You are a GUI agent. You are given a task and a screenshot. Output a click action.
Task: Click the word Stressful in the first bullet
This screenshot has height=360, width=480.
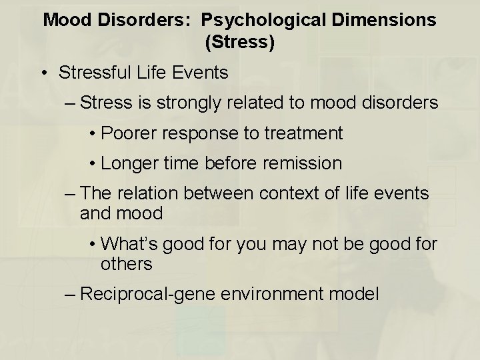[97, 72]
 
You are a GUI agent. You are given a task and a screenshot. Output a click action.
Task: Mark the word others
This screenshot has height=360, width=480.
[127, 263]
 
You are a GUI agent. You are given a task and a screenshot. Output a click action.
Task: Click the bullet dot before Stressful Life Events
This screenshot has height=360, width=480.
[43, 73]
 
